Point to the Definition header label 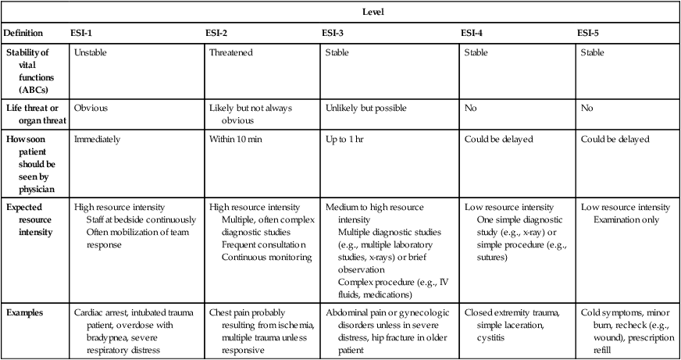[x=23, y=34]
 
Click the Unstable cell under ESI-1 [x=91, y=54]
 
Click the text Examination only [x=624, y=219]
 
